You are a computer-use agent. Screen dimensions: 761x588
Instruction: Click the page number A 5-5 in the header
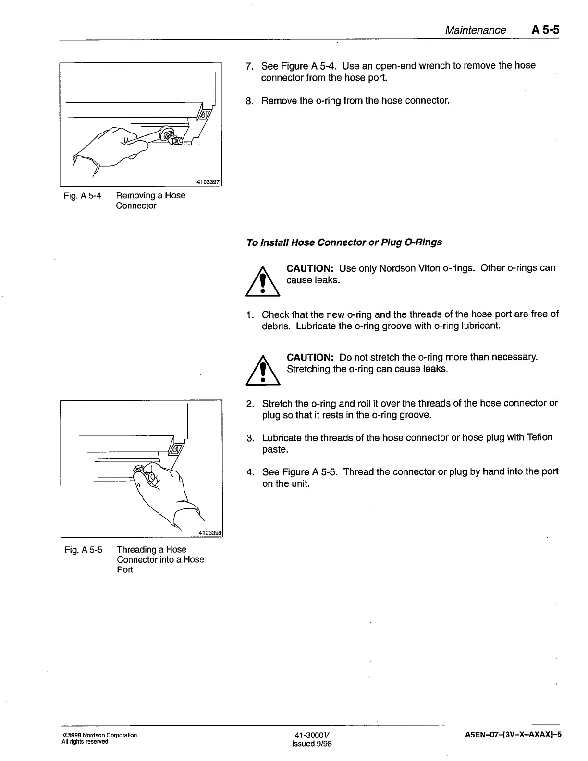click(545, 30)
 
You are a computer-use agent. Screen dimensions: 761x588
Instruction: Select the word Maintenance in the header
click(475, 30)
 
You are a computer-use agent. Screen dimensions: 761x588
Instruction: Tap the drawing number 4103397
click(208, 182)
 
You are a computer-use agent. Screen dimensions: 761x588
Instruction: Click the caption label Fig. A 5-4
click(83, 195)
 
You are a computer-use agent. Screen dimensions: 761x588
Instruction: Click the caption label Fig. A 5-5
click(84, 549)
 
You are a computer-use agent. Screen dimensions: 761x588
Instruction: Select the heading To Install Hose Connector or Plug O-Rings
click(344, 242)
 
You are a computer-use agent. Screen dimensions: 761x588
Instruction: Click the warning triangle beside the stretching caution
click(262, 371)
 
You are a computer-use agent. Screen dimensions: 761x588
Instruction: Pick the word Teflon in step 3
click(539, 437)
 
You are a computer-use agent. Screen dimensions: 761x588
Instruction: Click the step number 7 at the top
click(249, 66)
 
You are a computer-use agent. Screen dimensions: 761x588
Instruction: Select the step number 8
click(249, 101)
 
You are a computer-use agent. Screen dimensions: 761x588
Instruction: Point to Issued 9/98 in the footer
click(312, 744)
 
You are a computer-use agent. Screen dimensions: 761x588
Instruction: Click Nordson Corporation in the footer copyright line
click(110, 735)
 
